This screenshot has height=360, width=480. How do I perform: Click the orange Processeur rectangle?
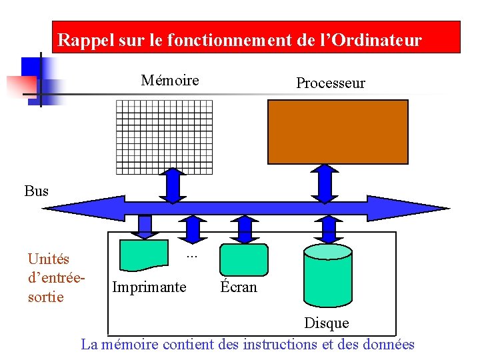pyautogui.click(x=337, y=131)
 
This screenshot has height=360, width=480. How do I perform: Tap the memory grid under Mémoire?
pyautogui.click(x=164, y=137)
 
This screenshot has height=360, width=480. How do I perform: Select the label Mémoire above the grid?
pyautogui.click(x=170, y=81)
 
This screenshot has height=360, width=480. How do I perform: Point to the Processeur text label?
pyautogui.click(x=330, y=83)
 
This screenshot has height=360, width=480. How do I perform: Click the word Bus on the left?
pyautogui.click(x=37, y=191)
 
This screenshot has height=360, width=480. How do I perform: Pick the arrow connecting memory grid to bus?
pyautogui.click(x=174, y=185)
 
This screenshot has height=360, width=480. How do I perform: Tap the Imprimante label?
pyautogui.click(x=149, y=287)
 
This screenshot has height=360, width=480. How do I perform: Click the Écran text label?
pyautogui.click(x=239, y=287)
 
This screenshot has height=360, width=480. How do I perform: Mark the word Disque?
pyautogui.click(x=326, y=323)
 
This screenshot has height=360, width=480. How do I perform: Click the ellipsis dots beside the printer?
pyautogui.click(x=192, y=255)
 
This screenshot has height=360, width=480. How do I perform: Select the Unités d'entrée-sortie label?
pyautogui.click(x=50, y=277)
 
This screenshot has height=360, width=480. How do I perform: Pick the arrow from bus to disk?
pyautogui.click(x=328, y=229)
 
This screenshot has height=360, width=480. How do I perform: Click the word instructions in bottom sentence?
pyautogui.click(x=280, y=345)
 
